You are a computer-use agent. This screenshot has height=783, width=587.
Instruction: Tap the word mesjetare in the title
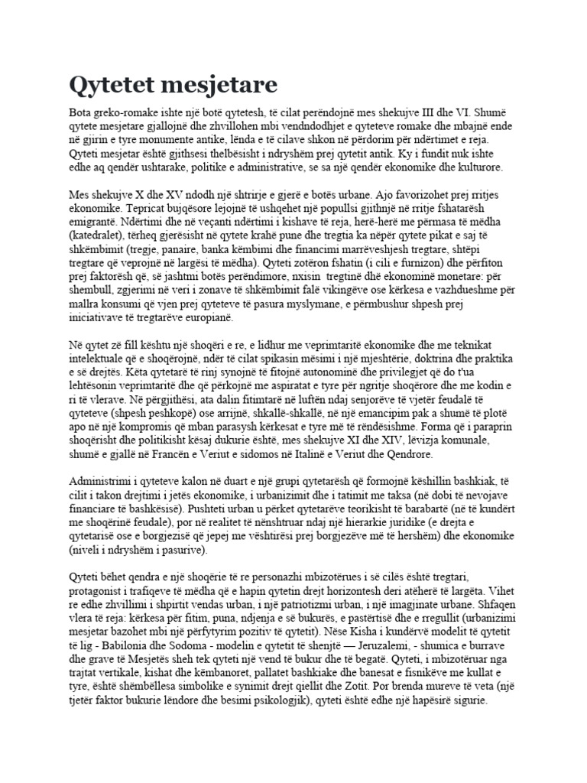coord(218,83)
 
